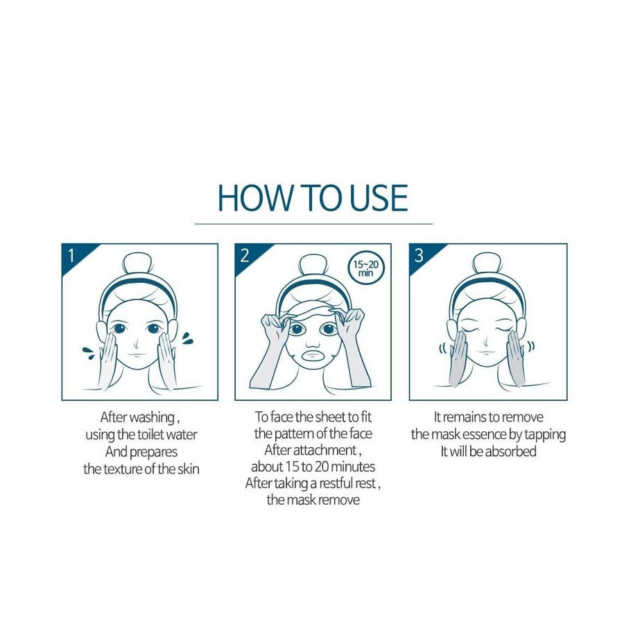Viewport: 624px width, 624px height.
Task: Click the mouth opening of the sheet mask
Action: [x=313, y=355]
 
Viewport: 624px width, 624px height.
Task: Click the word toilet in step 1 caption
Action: [x=150, y=434]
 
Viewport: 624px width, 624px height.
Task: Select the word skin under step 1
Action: [x=188, y=469]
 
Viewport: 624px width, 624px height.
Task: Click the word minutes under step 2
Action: [x=353, y=467]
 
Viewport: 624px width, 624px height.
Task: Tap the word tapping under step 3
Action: [x=545, y=435]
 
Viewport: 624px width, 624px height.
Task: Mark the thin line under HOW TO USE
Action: [x=313, y=224]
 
